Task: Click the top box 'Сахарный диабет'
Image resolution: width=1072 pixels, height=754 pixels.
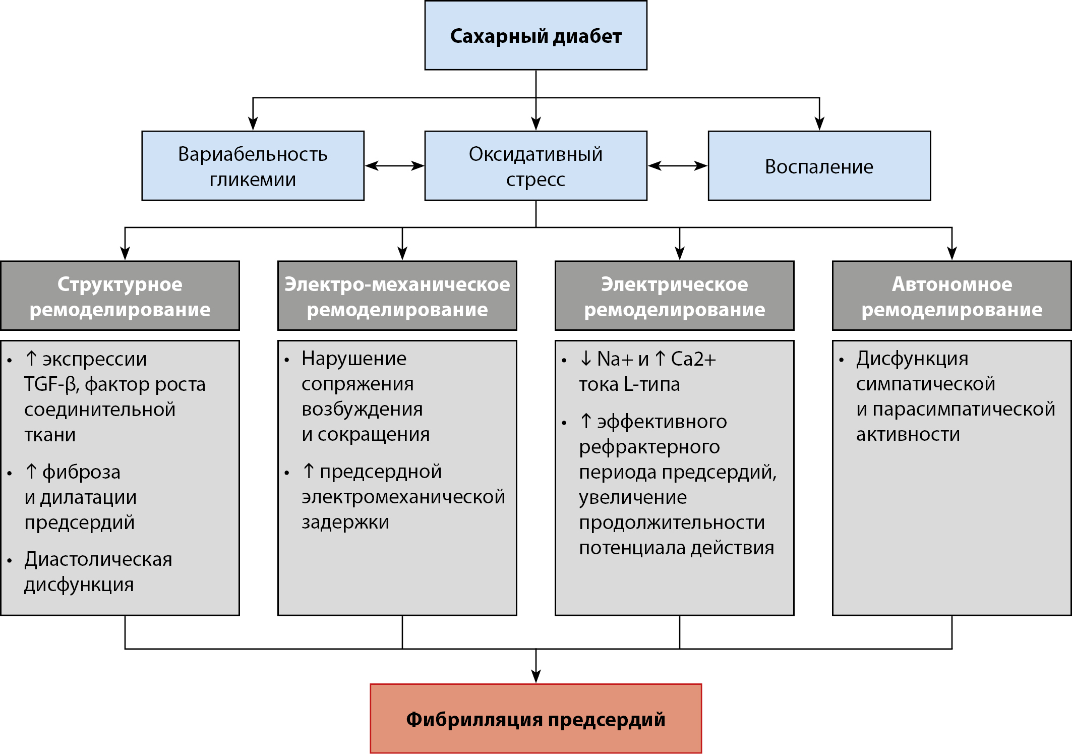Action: coord(535,35)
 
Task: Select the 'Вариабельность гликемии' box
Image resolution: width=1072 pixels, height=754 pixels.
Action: coord(253,166)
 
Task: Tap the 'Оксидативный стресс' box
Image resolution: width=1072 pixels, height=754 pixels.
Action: coord(535,166)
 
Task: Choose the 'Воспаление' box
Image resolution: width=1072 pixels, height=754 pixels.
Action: coord(819,166)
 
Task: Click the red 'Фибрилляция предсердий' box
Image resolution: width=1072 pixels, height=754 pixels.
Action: coord(535,718)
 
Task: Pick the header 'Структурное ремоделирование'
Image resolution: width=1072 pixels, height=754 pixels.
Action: coord(120,296)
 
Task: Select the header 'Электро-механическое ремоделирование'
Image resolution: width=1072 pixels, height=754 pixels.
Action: coord(397,296)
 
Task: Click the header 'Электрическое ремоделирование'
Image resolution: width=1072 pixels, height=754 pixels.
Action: coord(675,296)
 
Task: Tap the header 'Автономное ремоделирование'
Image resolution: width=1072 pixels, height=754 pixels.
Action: coord(951,296)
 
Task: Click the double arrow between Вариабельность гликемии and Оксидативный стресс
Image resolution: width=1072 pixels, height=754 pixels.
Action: coord(394,166)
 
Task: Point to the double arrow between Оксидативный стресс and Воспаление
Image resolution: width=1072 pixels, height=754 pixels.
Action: coord(677,166)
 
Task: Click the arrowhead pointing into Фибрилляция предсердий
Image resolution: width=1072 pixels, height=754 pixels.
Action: coord(536,676)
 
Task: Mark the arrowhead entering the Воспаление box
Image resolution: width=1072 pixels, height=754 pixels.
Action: coord(819,123)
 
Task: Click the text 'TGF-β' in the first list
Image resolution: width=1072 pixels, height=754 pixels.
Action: coord(49,384)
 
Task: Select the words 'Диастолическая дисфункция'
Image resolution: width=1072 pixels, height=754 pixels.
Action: coord(98,572)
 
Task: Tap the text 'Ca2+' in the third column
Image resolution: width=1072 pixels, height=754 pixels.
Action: coord(693,359)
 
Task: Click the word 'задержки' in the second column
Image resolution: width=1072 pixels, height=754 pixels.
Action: coord(345,522)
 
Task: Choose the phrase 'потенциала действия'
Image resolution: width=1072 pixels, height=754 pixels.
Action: coord(676,548)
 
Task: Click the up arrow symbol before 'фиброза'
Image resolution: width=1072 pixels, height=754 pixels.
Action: coord(31,471)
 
